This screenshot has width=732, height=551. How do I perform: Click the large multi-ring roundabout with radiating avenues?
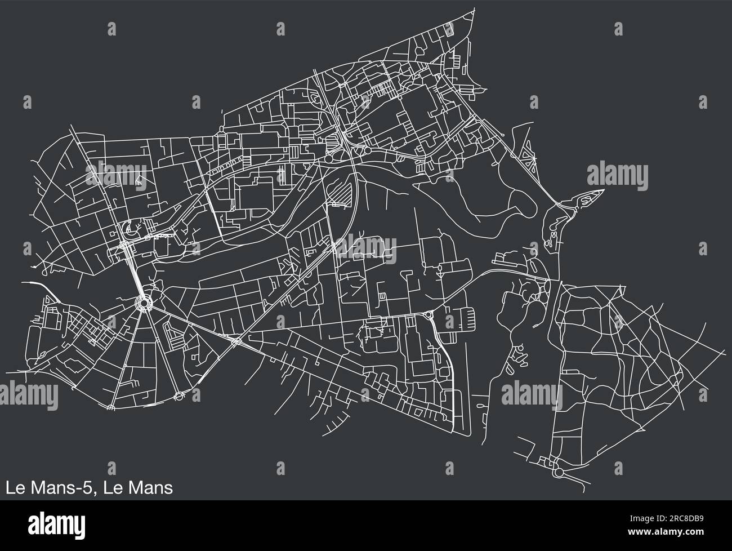coord(145,304)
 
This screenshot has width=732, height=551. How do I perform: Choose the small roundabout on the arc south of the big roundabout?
coord(178,396)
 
